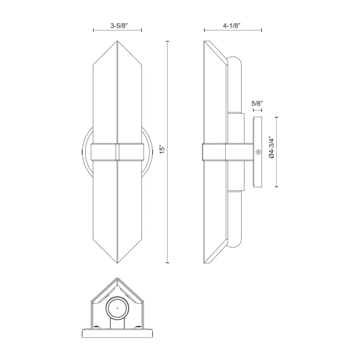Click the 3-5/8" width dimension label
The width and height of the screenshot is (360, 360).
coord(118,25)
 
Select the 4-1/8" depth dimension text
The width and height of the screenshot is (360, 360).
coord(233,25)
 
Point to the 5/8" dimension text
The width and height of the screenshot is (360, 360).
coord(257,104)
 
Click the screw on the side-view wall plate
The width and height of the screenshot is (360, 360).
coord(258,152)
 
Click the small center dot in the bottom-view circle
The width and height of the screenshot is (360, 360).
coord(117,309)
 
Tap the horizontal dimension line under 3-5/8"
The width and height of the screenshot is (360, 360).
coord(118,30)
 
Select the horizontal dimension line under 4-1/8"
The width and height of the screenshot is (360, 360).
coord(233,30)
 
